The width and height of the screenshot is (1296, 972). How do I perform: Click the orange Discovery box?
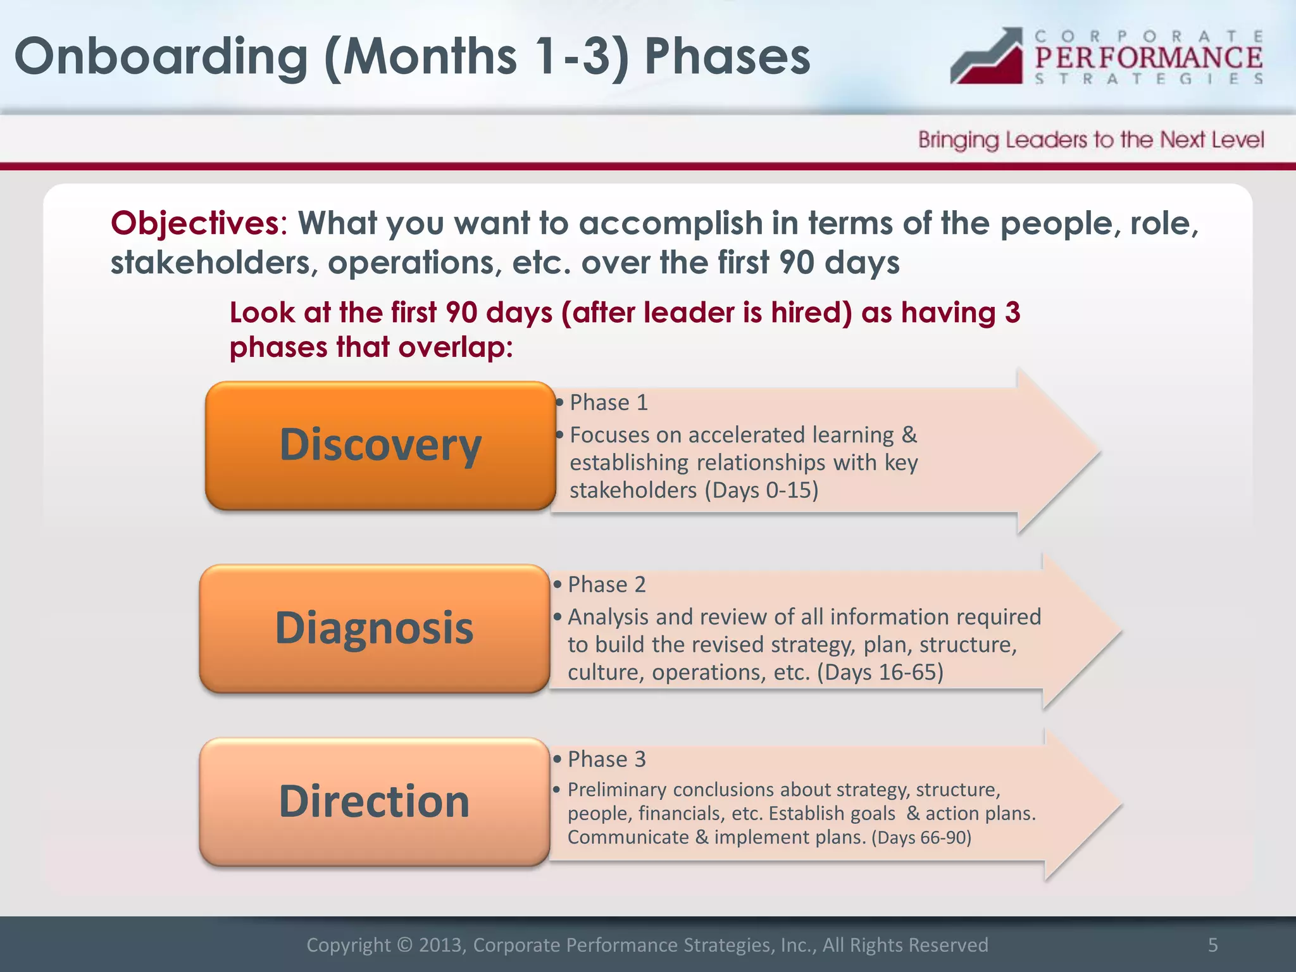coord(380,445)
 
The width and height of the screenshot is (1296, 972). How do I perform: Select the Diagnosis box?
coord(374,628)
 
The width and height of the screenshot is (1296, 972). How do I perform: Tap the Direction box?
coord(374,802)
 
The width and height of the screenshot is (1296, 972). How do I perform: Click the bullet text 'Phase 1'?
coord(608,402)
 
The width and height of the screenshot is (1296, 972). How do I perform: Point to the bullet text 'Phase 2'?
coord(606,584)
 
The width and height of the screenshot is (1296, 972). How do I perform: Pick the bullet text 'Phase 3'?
coord(606,759)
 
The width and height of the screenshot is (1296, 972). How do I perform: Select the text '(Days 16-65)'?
coord(880,671)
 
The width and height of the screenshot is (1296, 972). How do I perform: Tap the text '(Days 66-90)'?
coord(921,837)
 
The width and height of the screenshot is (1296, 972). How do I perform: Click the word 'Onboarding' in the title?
coord(161,57)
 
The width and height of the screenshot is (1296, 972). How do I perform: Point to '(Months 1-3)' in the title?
coord(476,57)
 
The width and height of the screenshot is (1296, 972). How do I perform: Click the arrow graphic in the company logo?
coord(987,56)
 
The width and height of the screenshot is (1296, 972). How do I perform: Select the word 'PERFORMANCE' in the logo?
coord(1148,58)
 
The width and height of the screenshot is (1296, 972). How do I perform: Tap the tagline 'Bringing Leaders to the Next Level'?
coord(1091,140)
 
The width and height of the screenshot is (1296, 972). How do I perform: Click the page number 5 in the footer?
coord(1212,945)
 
